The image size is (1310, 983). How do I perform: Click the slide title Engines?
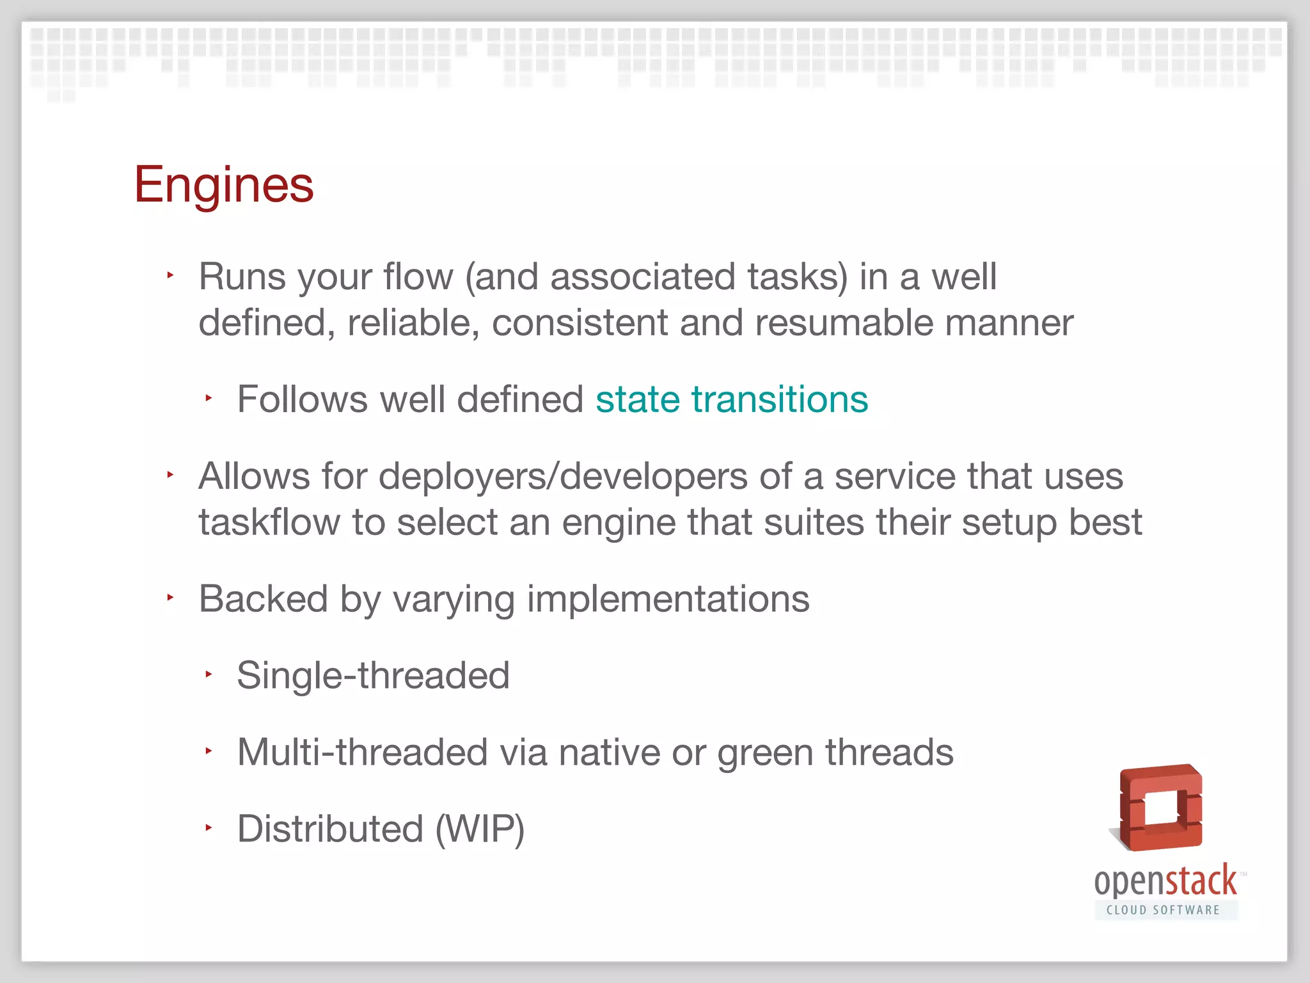(223, 184)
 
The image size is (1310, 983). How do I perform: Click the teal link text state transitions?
(731, 399)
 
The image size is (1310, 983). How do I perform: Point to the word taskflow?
(269, 522)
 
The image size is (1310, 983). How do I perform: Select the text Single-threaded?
(373, 676)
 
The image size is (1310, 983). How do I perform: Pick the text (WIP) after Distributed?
(480, 829)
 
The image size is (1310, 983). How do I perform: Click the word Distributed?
(330, 829)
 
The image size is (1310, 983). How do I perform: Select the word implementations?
(668, 600)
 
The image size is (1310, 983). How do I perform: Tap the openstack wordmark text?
(1165, 882)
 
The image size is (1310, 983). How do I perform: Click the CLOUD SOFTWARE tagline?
(1163, 910)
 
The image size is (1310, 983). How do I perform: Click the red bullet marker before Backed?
(170, 598)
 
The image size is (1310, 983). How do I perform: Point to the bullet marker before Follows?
(209, 398)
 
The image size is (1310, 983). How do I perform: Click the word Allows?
(254, 477)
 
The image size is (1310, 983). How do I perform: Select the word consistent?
(580, 323)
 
